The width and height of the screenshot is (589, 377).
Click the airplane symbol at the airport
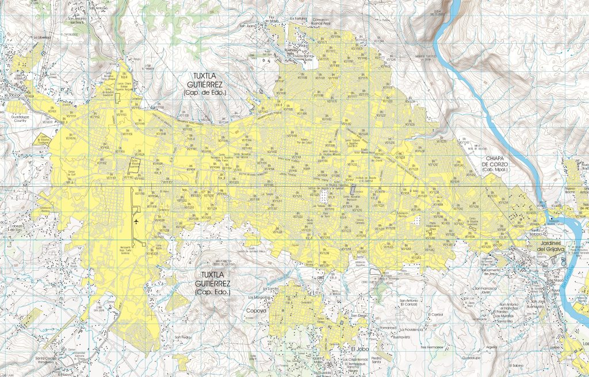(x=136, y=221)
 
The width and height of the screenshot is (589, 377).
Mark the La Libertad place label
(x=43, y=37)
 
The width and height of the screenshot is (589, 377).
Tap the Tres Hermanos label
(x=432, y=348)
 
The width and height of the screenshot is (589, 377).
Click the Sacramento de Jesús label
(x=482, y=272)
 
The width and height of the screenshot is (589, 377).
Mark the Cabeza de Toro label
(x=11, y=227)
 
